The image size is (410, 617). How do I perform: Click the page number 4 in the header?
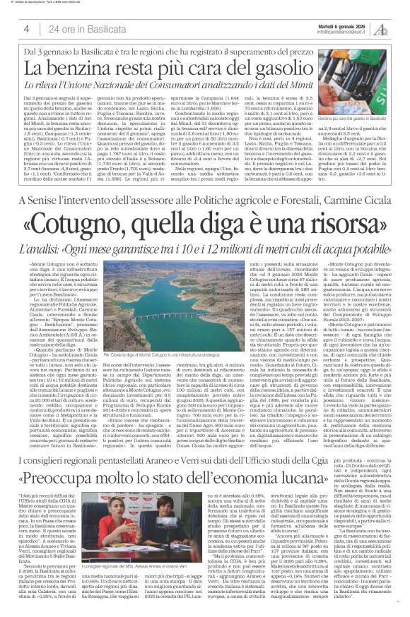coord(26,29)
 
